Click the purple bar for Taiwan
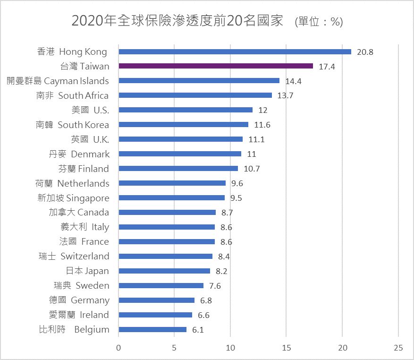click(216, 66)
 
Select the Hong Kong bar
click(235, 51)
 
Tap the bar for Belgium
click(152, 329)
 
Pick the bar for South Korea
click(183, 125)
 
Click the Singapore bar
click(171, 198)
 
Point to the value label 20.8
click(365, 52)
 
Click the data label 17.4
click(327, 67)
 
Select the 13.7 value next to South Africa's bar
click(286, 96)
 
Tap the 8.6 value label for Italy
click(227, 227)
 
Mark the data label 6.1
click(198, 330)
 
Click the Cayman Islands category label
click(58, 81)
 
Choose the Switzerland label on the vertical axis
click(74, 257)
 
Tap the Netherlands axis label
click(72, 183)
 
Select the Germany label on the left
click(79, 300)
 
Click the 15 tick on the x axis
click(286, 347)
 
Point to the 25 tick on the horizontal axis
click(398, 347)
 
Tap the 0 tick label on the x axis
click(118, 347)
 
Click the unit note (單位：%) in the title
click(318, 22)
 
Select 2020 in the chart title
click(86, 21)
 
